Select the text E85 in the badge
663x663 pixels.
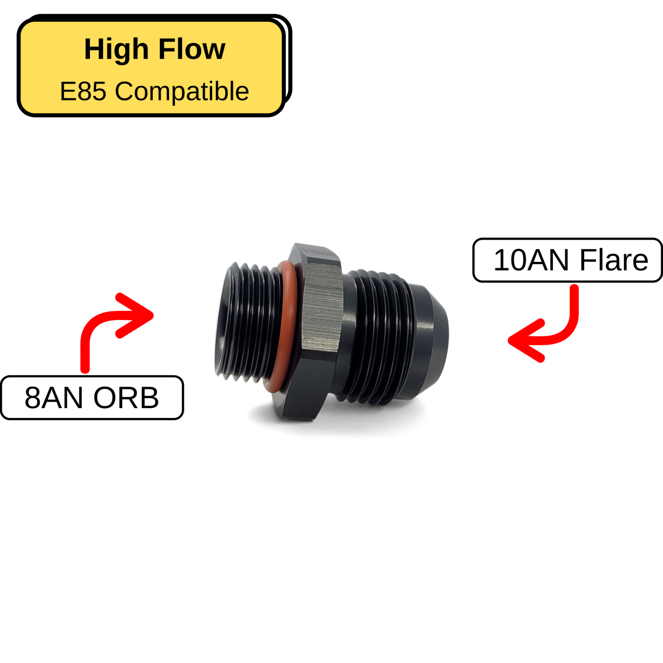click(83, 91)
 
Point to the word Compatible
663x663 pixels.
click(182, 91)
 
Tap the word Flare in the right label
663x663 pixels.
click(614, 260)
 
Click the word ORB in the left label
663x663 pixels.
click(126, 398)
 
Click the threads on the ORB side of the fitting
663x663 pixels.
click(253, 323)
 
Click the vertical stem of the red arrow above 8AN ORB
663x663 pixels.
click(85, 352)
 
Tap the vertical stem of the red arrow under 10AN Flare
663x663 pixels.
click(574, 302)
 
